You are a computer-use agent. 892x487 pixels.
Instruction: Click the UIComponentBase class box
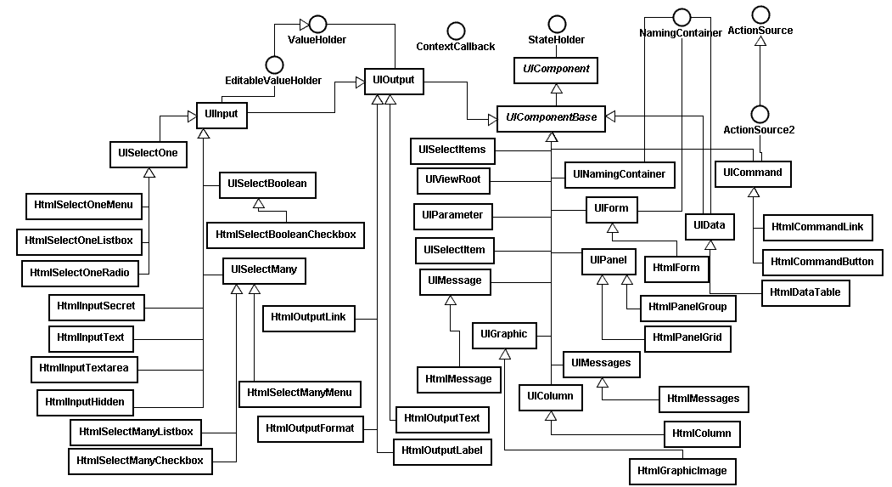coord(551,118)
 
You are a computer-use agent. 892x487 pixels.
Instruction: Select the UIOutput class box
coord(393,81)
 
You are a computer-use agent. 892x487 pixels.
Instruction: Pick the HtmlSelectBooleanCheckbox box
coord(285,235)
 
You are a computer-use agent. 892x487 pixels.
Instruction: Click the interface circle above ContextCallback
coord(456,31)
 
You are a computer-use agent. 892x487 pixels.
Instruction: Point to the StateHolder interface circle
coord(556,23)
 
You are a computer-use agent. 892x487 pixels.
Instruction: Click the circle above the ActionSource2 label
coord(759,113)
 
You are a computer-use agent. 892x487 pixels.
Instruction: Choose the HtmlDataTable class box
coord(805,292)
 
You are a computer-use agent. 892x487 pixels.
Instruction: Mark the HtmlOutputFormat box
coord(310,428)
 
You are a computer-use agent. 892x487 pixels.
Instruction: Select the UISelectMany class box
coord(263,271)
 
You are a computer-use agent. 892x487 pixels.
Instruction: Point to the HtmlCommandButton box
coord(822,262)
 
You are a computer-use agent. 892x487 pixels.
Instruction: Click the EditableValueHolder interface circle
coord(273,65)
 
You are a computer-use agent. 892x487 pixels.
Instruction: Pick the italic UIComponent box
coord(556,70)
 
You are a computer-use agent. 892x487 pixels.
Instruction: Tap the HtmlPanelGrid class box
coord(687,338)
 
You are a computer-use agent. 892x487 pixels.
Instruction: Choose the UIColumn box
coord(550,396)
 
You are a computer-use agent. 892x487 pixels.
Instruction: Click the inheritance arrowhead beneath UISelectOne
coord(149,173)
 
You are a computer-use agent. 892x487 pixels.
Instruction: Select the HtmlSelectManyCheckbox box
coord(140,462)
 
